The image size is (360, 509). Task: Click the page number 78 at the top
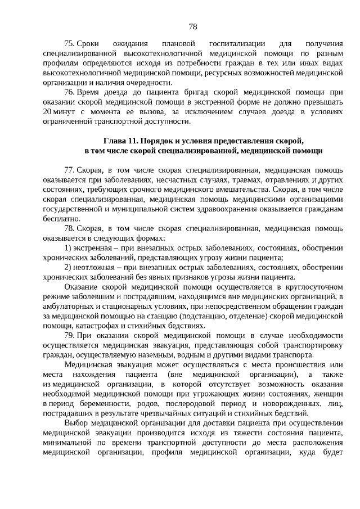point(192,26)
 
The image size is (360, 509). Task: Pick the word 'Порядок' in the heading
point(160,140)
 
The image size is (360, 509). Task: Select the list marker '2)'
point(67,267)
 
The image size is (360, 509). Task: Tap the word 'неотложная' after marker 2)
point(94,267)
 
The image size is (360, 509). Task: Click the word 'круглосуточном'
point(313,287)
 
